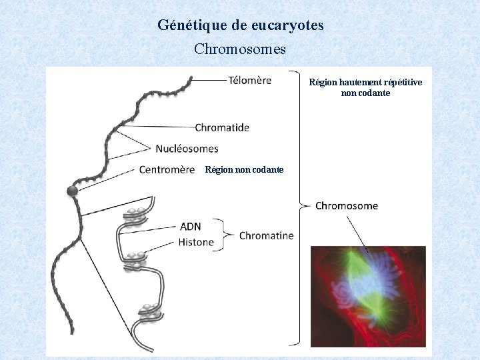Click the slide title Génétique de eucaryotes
click(x=241, y=26)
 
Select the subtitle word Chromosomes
click(x=240, y=49)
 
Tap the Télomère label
click(x=249, y=81)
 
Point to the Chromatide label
click(x=222, y=127)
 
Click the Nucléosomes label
click(x=187, y=148)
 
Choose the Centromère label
click(x=167, y=169)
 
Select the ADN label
click(x=190, y=227)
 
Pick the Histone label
click(x=196, y=242)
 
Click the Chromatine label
click(x=266, y=235)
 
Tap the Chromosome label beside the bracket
click(x=346, y=205)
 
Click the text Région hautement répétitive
click(x=365, y=83)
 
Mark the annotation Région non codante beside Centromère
click(x=244, y=170)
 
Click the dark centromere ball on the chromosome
click(x=72, y=192)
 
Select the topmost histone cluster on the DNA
click(x=135, y=215)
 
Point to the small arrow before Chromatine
click(x=229, y=235)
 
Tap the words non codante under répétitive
click(x=365, y=93)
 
